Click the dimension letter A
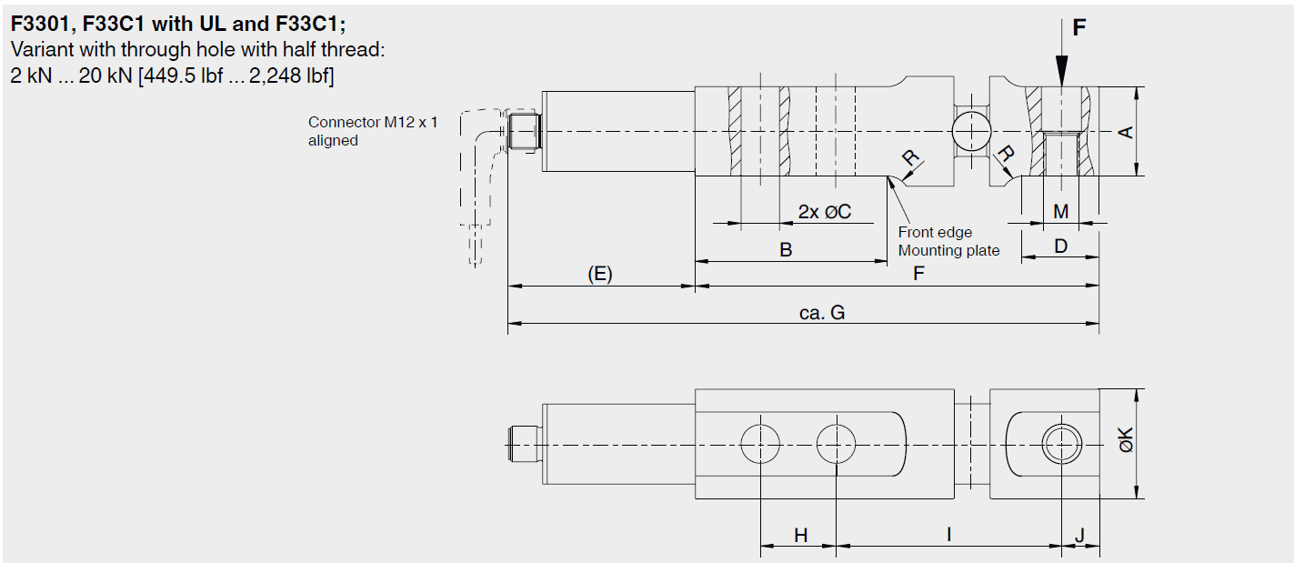point(1126,132)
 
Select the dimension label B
point(786,250)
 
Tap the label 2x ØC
point(825,212)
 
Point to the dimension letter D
point(1060,246)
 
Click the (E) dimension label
point(599,274)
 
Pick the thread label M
point(1060,212)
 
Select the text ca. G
point(821,313)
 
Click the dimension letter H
point(800,536)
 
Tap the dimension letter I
point(948,535)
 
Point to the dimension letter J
point(1079,536)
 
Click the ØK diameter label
point(1126,443)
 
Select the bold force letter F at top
point(1078,28)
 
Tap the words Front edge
point(935,233)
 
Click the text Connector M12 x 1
point(373,122)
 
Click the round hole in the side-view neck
point(969,127)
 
